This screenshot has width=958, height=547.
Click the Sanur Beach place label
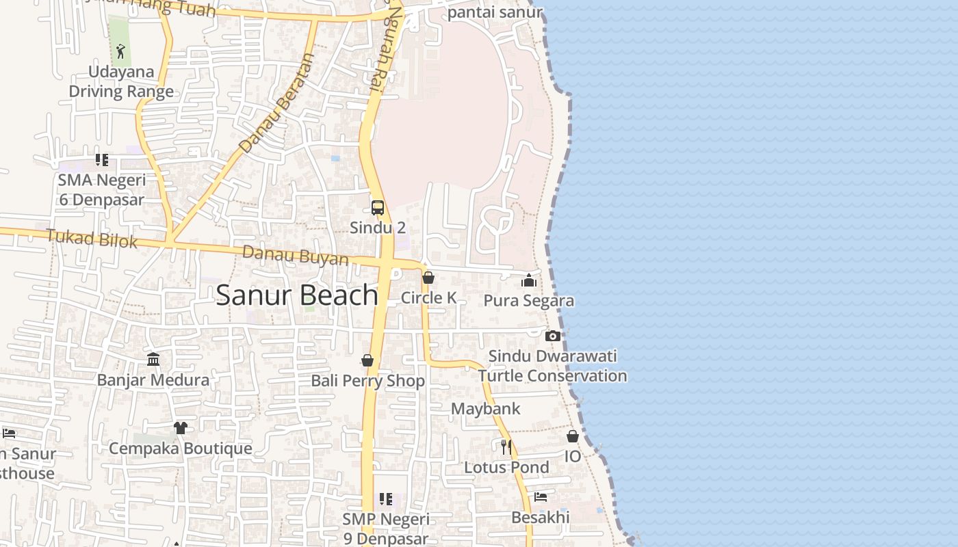[297, 295]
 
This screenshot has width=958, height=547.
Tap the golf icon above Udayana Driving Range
[120, 51]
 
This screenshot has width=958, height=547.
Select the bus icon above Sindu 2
[378, 208]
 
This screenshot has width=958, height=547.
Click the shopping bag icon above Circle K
[428, 278]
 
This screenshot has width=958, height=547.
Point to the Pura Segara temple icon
[528, 280]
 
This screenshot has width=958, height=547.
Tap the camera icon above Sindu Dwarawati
[553, 336]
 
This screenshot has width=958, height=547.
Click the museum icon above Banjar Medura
[153, 359]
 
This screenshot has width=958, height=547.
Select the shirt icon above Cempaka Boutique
[180, 428]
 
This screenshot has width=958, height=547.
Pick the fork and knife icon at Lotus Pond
[506, 447]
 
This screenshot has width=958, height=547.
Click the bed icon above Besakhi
[541, 497]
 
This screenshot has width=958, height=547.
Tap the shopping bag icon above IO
[573, 436]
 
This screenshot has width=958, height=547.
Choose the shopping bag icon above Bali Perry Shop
[367, 360]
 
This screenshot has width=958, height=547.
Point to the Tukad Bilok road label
[92, 239]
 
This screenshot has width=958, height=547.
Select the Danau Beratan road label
[276, 104]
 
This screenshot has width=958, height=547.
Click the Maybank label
[486, 409]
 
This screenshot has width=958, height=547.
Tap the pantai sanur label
[495, 12]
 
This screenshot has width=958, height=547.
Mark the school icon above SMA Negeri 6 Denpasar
[102, 160]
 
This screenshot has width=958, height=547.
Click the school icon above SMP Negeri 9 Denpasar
[386, 500]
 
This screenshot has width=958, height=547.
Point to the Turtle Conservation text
[552, 376]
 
